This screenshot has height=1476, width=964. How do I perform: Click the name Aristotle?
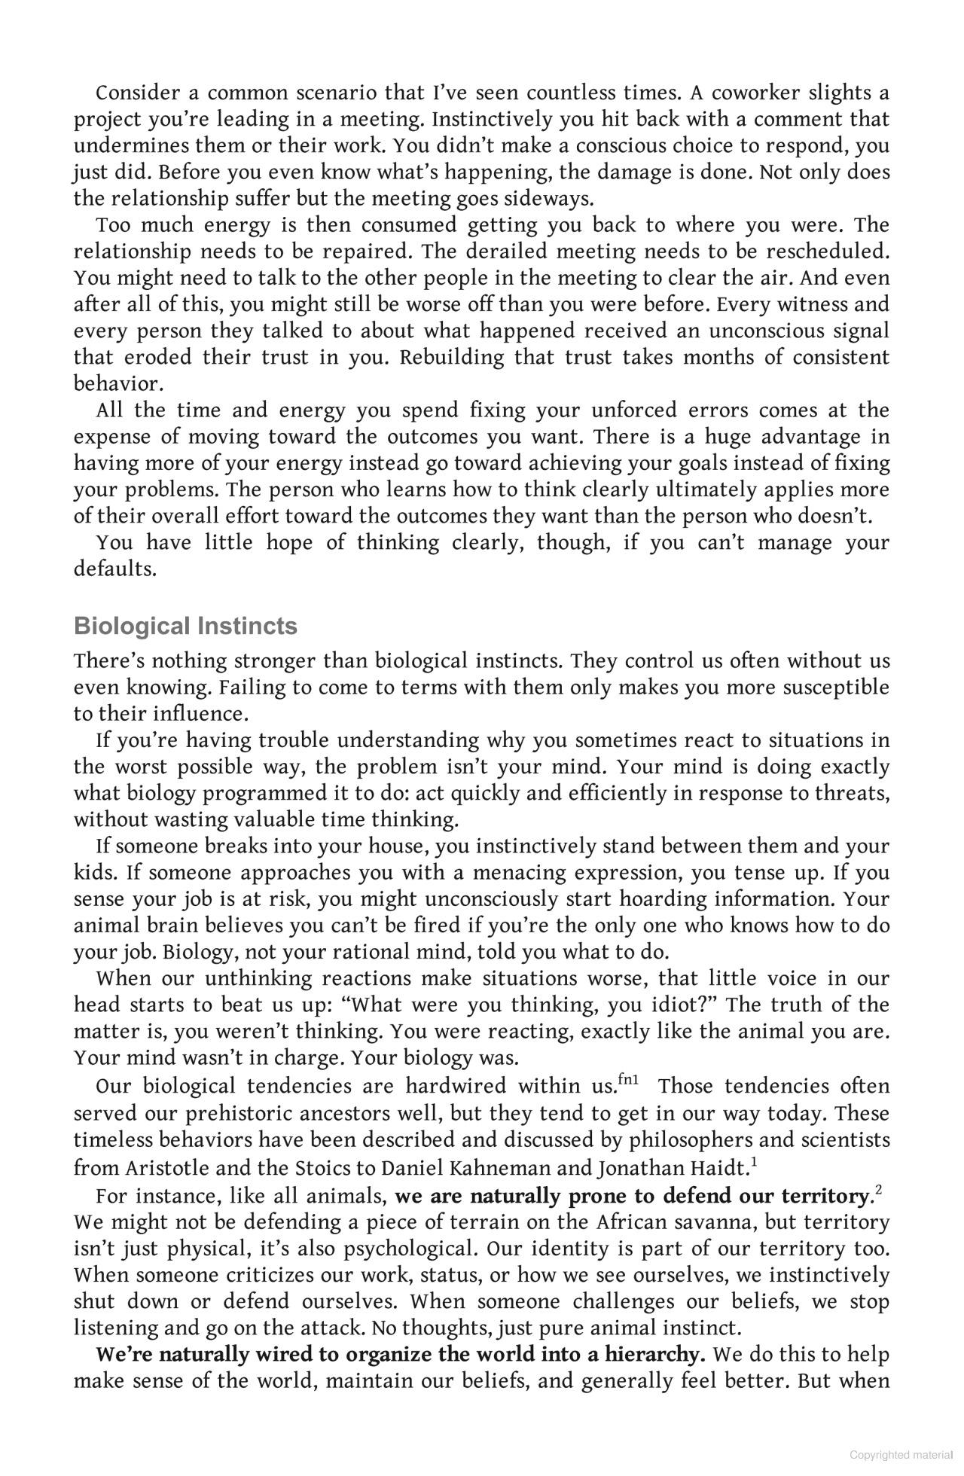tap(169, 1167)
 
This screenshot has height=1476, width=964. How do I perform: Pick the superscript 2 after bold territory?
tap(879, 1191)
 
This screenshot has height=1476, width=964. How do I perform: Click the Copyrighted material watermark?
tap(899, 1454)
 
